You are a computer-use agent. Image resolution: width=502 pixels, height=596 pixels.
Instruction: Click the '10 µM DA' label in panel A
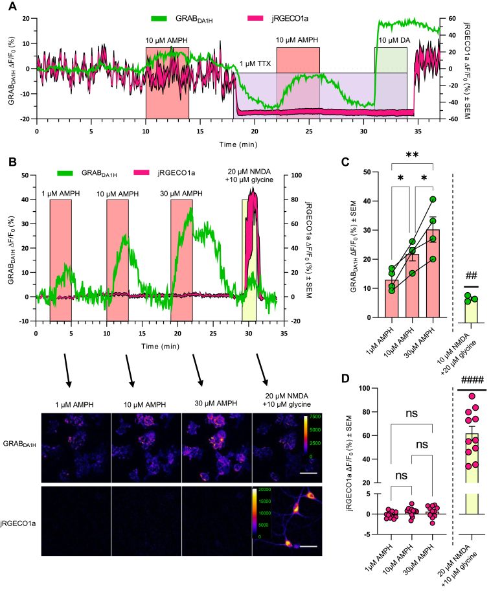[x=391, y=41]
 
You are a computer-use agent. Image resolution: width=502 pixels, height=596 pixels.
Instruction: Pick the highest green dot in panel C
[x=433, y=200]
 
